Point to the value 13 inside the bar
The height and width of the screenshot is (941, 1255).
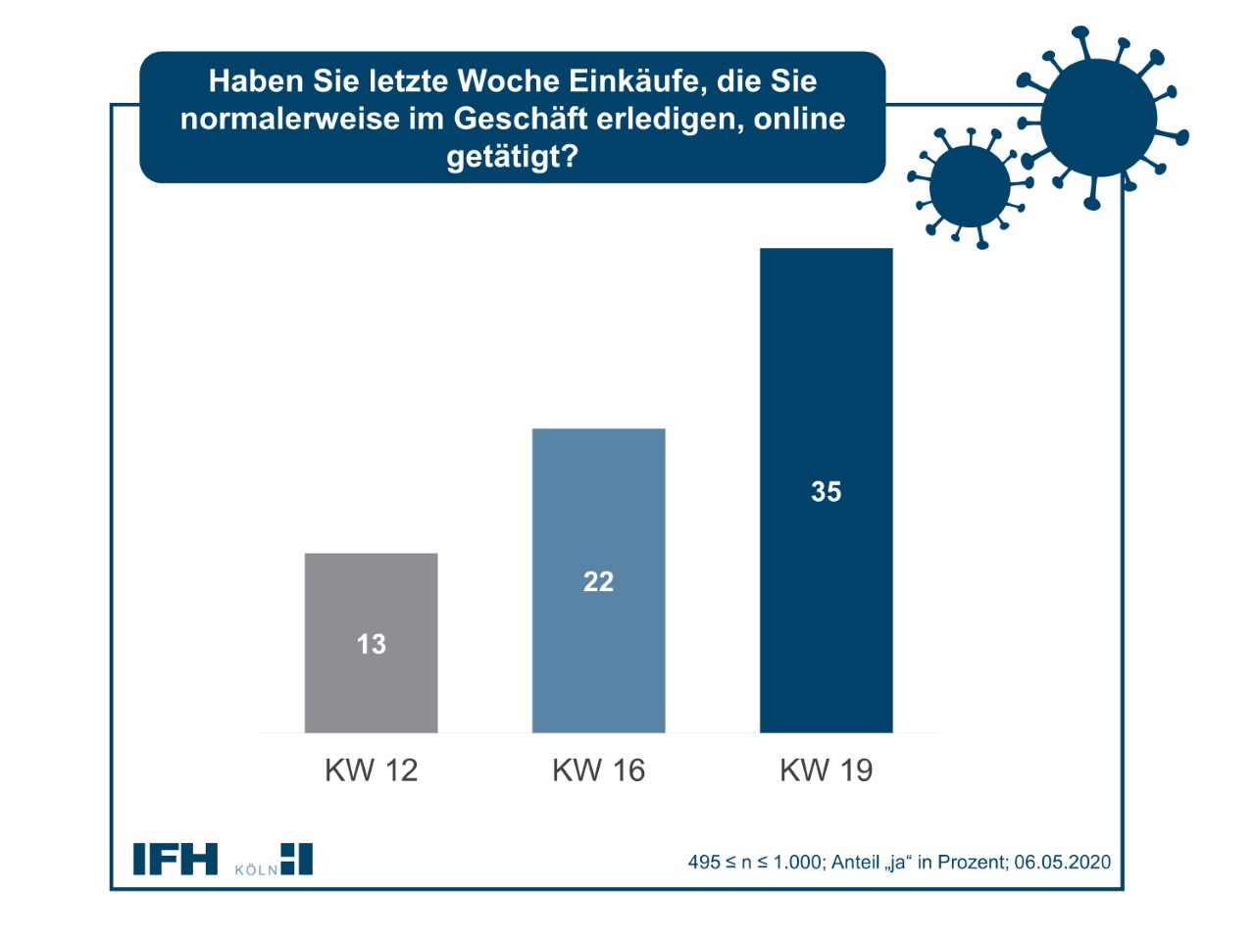click(x=371, y=644)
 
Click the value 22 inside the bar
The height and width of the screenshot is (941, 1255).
click(x=598, y=581)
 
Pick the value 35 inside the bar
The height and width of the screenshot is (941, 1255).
click(x=826, y=491)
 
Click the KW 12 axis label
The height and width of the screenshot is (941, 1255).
click(x=371, y=769)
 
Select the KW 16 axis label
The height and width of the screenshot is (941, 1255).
click(x=598, y=769)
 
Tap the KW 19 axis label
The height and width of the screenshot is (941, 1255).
click(x=826, y=769)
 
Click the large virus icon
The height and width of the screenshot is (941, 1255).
click(x=1098, y=118)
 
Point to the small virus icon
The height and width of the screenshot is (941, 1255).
click(x=969, y=186)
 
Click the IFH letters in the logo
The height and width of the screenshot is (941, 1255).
click(x=176, y=859)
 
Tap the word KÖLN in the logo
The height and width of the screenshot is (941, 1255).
click(x=256, y=869)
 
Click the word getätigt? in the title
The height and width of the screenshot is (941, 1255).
click(x=512, y=156)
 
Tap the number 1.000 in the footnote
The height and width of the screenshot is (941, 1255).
click(x=796, y=862)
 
